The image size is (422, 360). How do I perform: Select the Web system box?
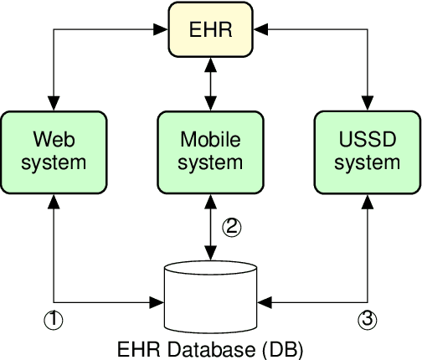[54, 150]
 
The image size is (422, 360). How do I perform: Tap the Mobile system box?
[211, 150]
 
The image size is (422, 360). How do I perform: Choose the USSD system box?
[368, 150]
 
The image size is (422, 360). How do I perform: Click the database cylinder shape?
[211, 298]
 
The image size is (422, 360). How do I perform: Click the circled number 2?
[231, 226]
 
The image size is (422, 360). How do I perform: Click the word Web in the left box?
[54, 138]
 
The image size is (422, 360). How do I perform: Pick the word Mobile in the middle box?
[211, 138]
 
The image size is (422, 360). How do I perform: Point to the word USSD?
[368, 138]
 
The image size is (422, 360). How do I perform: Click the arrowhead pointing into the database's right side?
[265, 300]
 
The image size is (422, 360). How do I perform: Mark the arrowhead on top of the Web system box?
[54, 102]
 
